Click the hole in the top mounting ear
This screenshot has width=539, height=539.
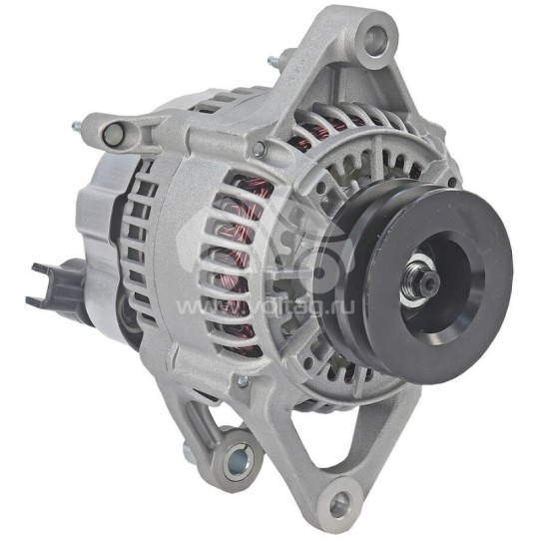(x=374, y=40)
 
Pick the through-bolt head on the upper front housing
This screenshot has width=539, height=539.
(x=259, y=150)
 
